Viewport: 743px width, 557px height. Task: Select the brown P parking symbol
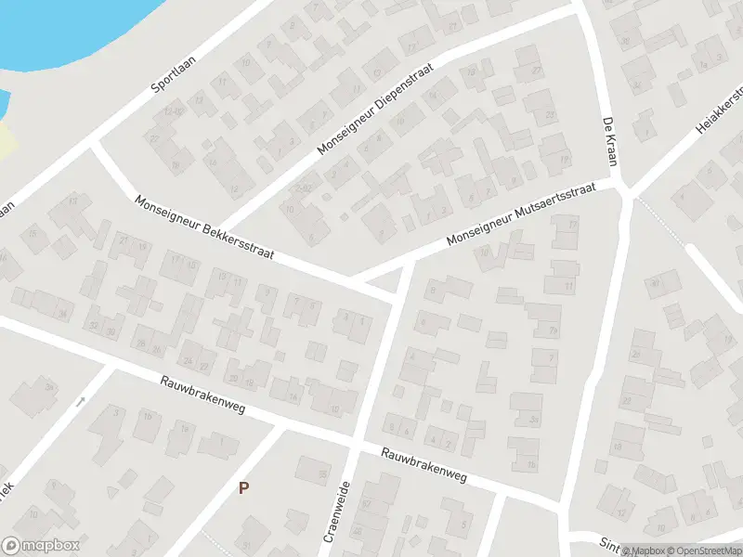[x=244, y=487]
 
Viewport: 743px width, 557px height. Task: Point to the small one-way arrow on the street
[x=81, y=402]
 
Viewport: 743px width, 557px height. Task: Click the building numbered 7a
[x=554, y=330]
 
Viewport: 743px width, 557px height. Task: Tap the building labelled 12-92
[x=302, y=188]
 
